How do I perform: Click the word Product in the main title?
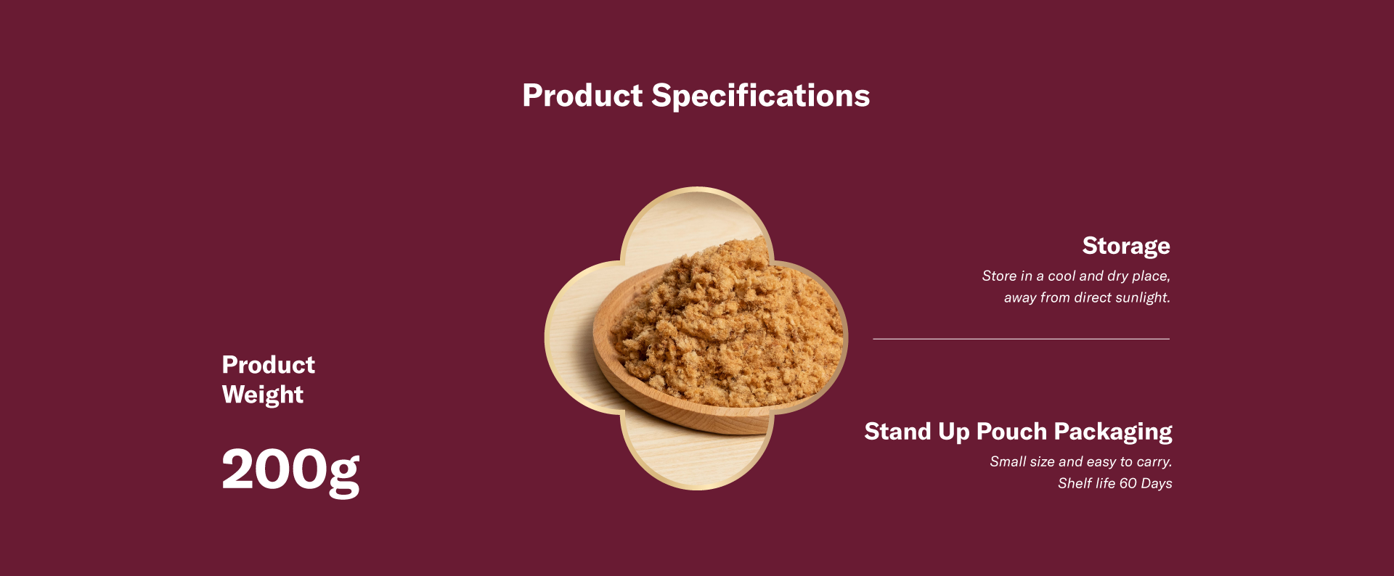click(x=582, y=95)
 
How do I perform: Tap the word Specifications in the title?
click(x=761, y=96)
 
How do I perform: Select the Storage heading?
click(x=1126, y=247)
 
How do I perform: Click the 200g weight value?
click(x=290, y=472)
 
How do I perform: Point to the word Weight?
click(x=263, y=395)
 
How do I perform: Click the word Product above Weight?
click(x=269, y=364)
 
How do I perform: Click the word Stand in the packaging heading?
click(x=897, y=431)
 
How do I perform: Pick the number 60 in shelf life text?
click(x=1128, y=483)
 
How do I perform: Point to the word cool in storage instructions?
click(x=1061, y=276)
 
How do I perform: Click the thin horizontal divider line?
click(x=1021, y=339)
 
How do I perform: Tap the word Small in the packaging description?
click(x=1008, y=461)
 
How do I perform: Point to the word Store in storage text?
click(x=999, y=276)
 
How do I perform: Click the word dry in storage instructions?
click(x=1118, y=276)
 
